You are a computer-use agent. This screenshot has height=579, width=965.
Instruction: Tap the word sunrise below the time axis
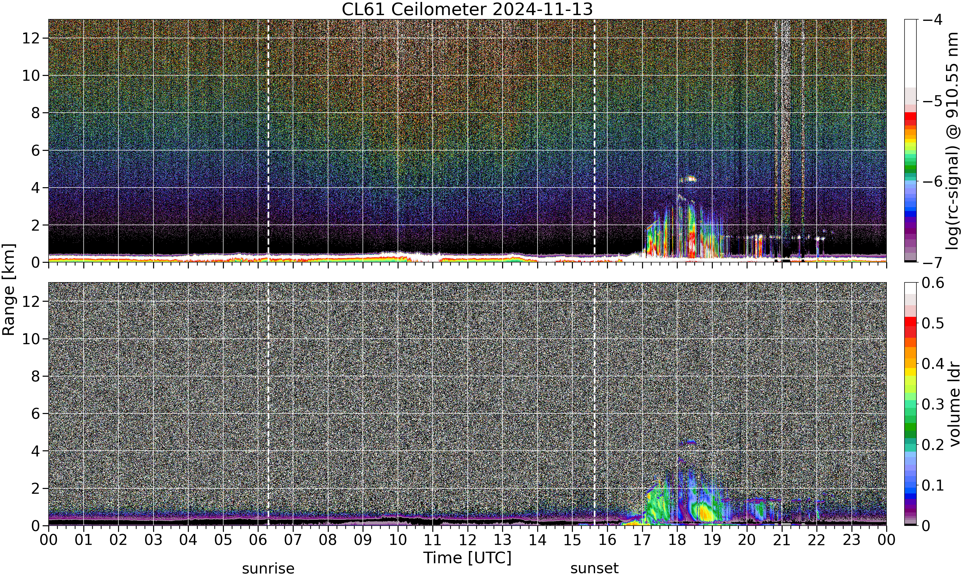[x=268, y=568]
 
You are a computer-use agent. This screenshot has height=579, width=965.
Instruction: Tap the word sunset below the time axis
[x=594, y=568]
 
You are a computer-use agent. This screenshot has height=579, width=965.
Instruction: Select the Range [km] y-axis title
[x=9, y=289]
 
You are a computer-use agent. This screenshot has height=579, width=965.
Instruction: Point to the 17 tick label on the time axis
[x=642, y=540]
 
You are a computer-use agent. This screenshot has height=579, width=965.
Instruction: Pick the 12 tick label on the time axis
[x=467, y=540]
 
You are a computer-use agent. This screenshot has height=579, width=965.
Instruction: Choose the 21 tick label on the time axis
[x=782, y=540]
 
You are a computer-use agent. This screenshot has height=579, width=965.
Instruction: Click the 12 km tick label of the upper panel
[x=31, y=38]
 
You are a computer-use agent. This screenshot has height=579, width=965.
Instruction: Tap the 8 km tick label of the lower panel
[x=35, y=376]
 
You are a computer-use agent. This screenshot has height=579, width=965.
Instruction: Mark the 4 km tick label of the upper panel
[x=35, y=188]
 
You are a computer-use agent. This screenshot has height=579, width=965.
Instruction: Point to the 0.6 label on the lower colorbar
[x=933, y=282]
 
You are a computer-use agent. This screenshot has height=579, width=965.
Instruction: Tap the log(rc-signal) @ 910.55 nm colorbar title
[x=952, y=141]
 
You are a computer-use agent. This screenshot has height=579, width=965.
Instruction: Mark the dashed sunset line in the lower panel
[x=594, y=404]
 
